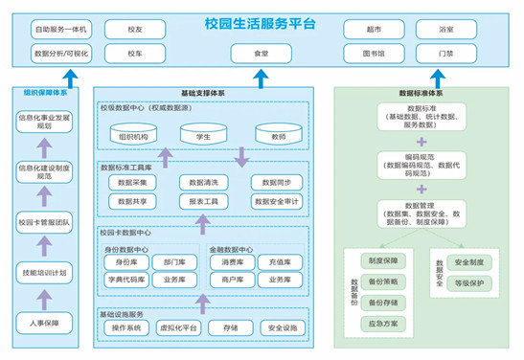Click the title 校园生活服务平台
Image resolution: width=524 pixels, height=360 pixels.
261,22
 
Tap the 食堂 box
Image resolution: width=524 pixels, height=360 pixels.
261,54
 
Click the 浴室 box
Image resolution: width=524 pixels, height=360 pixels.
446,31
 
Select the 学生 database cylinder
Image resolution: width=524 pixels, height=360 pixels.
203,137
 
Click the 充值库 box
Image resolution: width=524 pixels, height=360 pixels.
280,260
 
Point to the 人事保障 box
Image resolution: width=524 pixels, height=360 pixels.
44,324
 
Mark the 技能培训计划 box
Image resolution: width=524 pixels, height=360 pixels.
44,273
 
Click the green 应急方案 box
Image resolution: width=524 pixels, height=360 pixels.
382,323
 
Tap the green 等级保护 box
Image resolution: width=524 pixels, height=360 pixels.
469,281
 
